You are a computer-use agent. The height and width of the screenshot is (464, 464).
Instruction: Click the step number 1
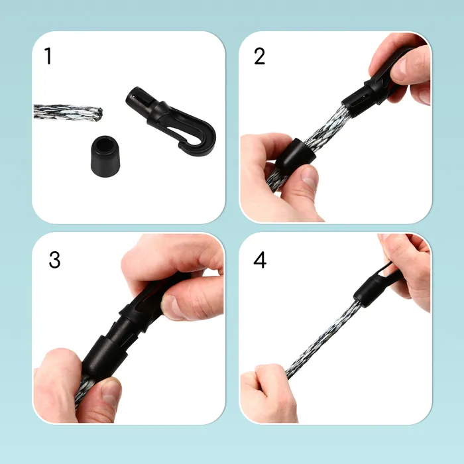pos(48,56)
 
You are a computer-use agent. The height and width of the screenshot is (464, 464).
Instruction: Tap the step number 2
pos(260,56)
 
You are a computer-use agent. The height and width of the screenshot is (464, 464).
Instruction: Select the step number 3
pos(55,260)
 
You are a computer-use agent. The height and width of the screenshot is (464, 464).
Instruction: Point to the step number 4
pos(260,260)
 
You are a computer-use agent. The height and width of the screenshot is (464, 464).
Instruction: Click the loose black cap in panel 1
pos(105,156)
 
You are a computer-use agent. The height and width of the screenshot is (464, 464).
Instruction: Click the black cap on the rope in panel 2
pos(296,156)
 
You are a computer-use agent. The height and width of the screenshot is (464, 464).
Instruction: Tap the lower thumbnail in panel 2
pos(310,176)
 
